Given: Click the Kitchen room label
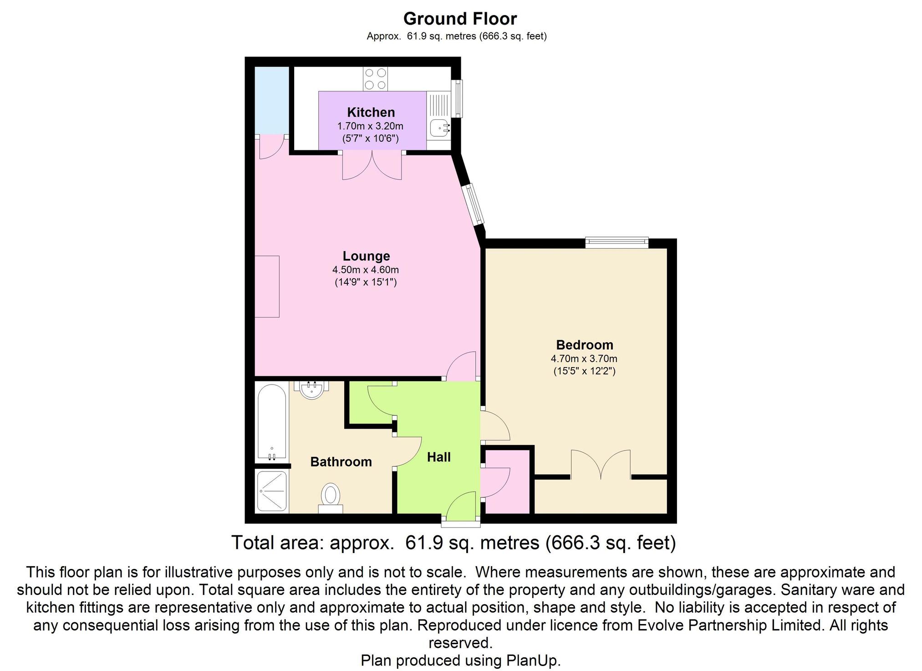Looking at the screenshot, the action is click(371, 112).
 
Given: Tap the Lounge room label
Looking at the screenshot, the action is click(366, 256).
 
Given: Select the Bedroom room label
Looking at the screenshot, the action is click(585, 345).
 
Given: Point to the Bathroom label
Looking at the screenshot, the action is click(341, 462).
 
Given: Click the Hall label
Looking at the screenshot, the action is click(439, 457).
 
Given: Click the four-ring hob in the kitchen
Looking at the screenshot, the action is click(376, 79).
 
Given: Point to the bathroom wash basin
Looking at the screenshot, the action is click(311, 390).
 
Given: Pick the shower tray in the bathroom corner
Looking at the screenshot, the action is click(272, 491).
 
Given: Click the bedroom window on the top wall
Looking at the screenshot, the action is click(616, 242).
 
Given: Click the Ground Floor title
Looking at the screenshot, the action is click(460, 19).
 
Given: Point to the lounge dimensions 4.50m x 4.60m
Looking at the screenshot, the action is click(366, 270).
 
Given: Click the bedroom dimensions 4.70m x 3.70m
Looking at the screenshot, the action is click(584, 359).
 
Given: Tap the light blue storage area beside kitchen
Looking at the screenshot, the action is click(271, 101).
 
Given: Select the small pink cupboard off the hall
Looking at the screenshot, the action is click(506, 482).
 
